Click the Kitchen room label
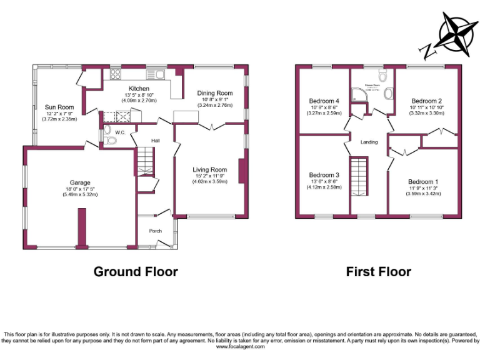tap(139, 89)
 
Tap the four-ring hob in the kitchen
tap(116, 75)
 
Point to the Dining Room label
tap(217, 92)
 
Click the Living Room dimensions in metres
tap(209, 181)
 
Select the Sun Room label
tap(59, 107)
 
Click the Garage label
tap(79, 182)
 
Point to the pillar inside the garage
tap(81, 229)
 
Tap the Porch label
tap(155, 231)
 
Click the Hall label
tap(155, 141)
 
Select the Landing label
tap(369, 142)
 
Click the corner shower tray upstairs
tap(358, 95)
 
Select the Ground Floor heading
tap(136, 272)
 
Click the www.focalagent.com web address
tap(241, 346)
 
